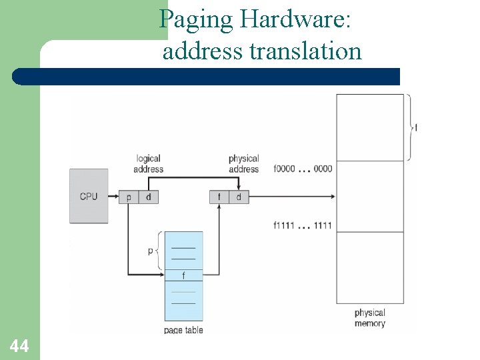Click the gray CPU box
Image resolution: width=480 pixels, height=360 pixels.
[89, 196]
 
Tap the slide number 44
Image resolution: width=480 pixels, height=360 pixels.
[19, 345]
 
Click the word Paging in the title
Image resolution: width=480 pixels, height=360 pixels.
[197, 20]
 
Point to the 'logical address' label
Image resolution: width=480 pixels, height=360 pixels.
[148, 164]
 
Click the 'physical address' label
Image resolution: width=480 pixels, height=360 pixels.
[243, 164]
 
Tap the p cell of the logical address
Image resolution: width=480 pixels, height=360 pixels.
[129, 197]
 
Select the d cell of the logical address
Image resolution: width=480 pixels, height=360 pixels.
[148, 197]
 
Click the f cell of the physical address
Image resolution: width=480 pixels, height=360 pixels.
[219, 197]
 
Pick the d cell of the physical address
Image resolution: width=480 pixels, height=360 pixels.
[239, 197]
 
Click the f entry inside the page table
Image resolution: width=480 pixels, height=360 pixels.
[183, 275]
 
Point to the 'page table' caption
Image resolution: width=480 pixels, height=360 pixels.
[183, 330]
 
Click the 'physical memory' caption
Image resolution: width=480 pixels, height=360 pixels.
[370, 318]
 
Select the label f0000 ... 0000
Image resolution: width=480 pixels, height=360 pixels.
[303, 169]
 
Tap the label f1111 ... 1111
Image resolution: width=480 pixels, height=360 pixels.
[303, 225]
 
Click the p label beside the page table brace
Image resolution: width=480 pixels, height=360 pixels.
[150, 251]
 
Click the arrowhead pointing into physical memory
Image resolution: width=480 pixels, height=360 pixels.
[332, 197]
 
